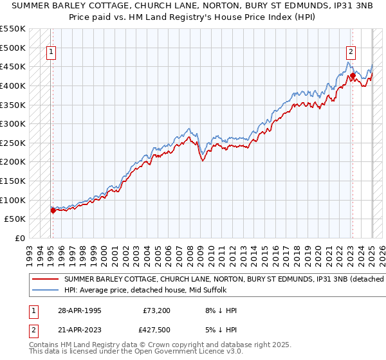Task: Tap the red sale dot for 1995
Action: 53,210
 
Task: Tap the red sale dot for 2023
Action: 353,75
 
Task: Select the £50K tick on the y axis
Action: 15,219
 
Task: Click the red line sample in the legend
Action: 45,280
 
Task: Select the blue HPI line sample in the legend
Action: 45,290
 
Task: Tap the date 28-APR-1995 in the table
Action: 78,310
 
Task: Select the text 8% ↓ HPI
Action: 219,310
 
